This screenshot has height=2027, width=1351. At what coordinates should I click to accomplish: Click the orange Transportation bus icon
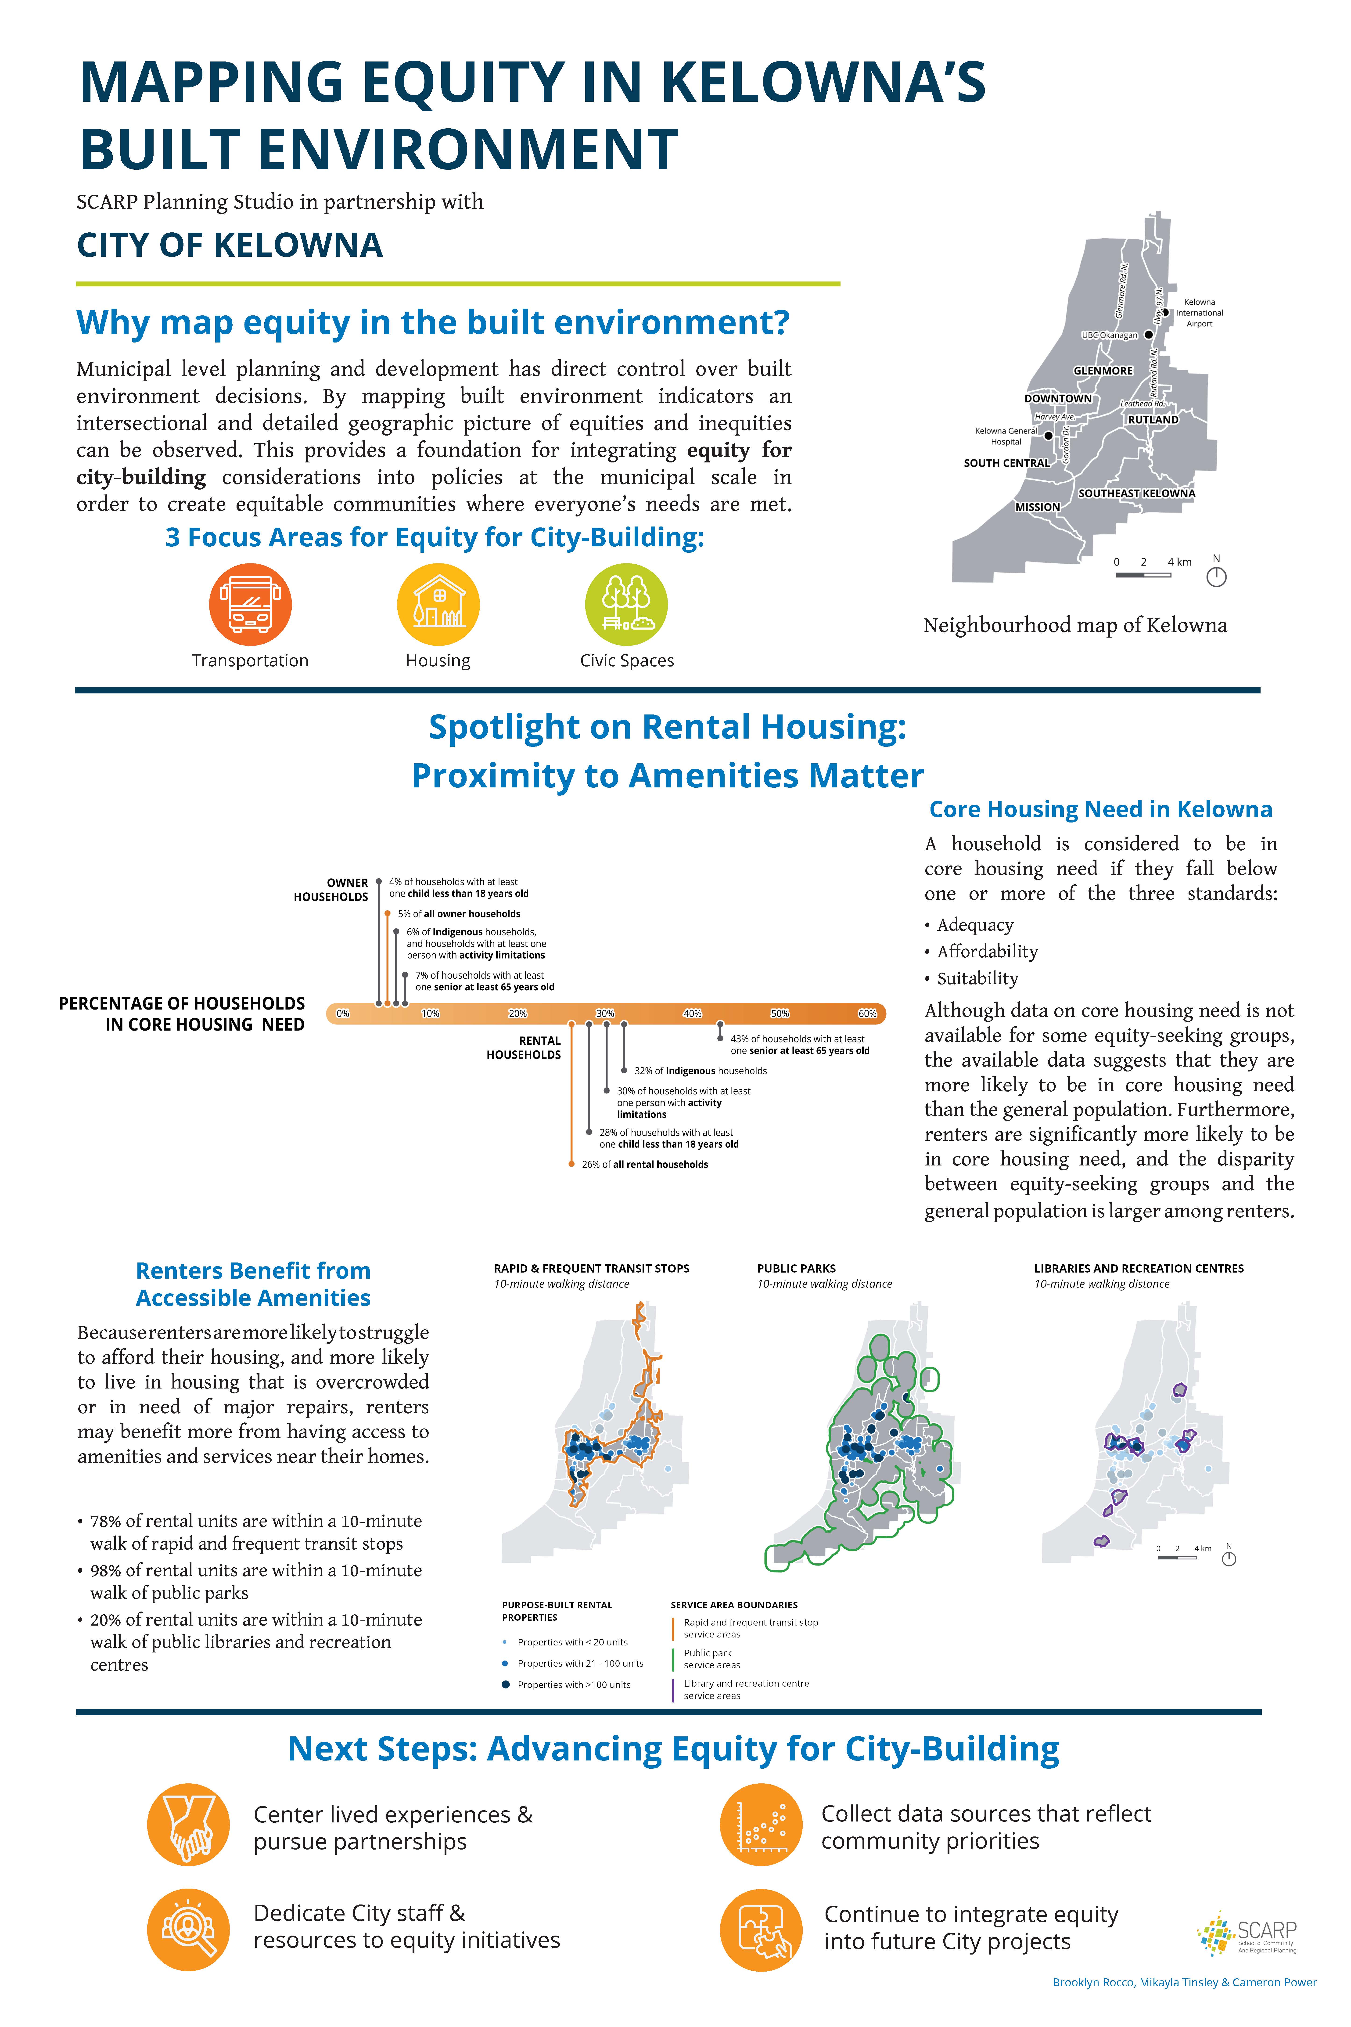[250, 604]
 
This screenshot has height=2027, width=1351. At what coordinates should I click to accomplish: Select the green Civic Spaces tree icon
[626, 604]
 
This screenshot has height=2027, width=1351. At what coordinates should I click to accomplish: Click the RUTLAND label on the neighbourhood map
[1153, 420]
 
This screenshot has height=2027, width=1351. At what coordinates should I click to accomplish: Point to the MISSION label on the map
[1037, 507]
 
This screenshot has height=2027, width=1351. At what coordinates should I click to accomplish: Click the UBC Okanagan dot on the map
[1149, 334]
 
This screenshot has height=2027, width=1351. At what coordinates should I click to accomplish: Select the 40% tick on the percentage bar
[693, 1013]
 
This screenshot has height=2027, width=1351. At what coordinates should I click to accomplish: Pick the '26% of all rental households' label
[644, 1164]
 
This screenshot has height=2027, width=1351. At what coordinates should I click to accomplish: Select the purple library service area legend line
[673, 1689]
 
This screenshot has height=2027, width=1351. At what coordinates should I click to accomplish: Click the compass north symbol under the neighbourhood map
[1216, 577]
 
